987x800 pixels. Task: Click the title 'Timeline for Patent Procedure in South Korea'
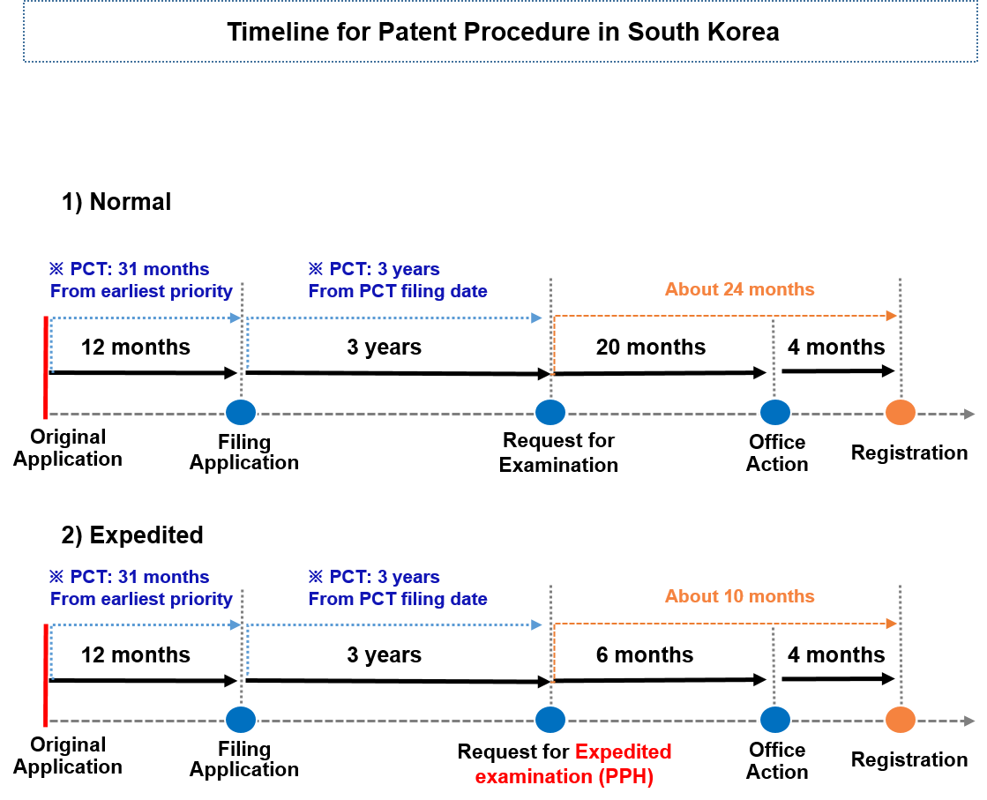point(503,32)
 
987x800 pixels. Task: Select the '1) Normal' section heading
point(116,202)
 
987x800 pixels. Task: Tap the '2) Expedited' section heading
point(132,535)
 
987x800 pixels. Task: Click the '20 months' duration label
point(651,347)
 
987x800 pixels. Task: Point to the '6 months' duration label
point(645,654)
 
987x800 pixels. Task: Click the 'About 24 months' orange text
point(740,289)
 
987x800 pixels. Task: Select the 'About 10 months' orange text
point(740,596)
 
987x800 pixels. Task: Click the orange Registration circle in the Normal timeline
point(901,412)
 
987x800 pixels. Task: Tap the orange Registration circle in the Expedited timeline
point(901,720)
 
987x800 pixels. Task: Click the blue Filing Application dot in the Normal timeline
point(241,412)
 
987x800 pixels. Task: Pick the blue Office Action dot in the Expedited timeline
point(775,720)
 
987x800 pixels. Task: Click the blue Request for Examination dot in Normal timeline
point(550,412)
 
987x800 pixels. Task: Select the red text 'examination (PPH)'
point(564,777)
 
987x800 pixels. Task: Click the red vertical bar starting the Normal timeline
point(45,367)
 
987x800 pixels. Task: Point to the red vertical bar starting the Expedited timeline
point(45,675)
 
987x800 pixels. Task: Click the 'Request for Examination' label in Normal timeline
point(558,452)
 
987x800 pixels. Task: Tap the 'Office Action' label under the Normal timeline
point(777,452)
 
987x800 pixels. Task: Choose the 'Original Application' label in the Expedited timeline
point(68,755)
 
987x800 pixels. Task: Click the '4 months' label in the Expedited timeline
point(836,654)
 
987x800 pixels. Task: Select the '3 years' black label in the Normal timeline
point(384,347)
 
